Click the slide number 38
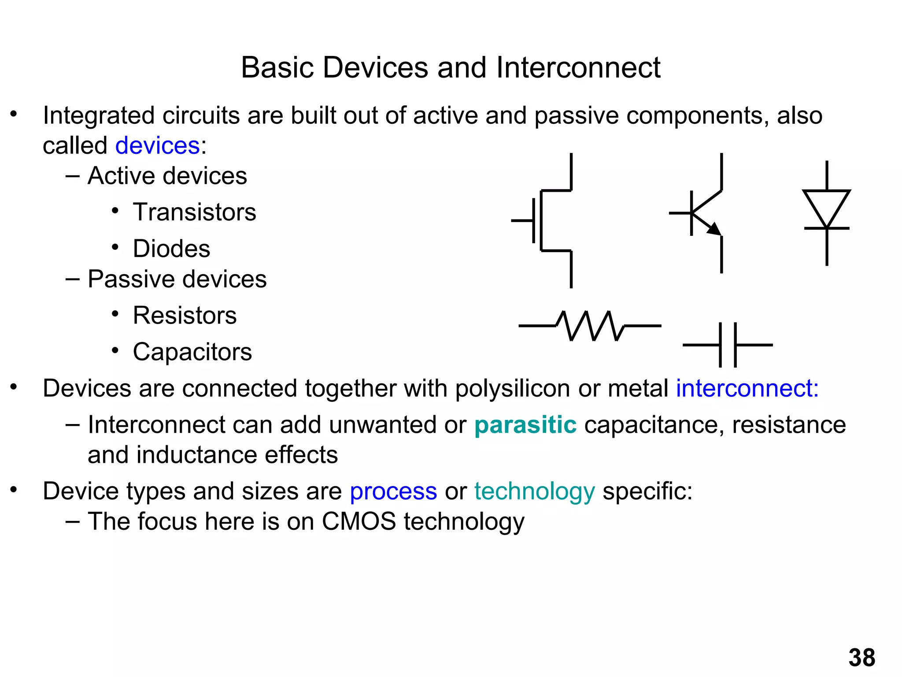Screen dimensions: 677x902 click(x=861, y=658)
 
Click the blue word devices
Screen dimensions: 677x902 click(x=157, y=145)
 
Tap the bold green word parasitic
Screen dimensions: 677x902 click(x=525, y=425)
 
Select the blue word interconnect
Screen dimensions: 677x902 click(x=747, y=388)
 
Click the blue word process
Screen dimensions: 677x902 click(x=393, y=491)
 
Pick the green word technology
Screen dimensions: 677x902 click(x=534, y=491)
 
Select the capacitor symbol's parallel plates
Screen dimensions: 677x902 click(x=728, y=345)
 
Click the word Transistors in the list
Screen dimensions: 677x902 click(x=194, y=212)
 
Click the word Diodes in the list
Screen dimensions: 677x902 click(x=171, y=249)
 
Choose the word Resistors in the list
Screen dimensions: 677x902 click(x=185, y=316)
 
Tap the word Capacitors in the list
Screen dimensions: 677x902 click(x=192, y=352)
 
